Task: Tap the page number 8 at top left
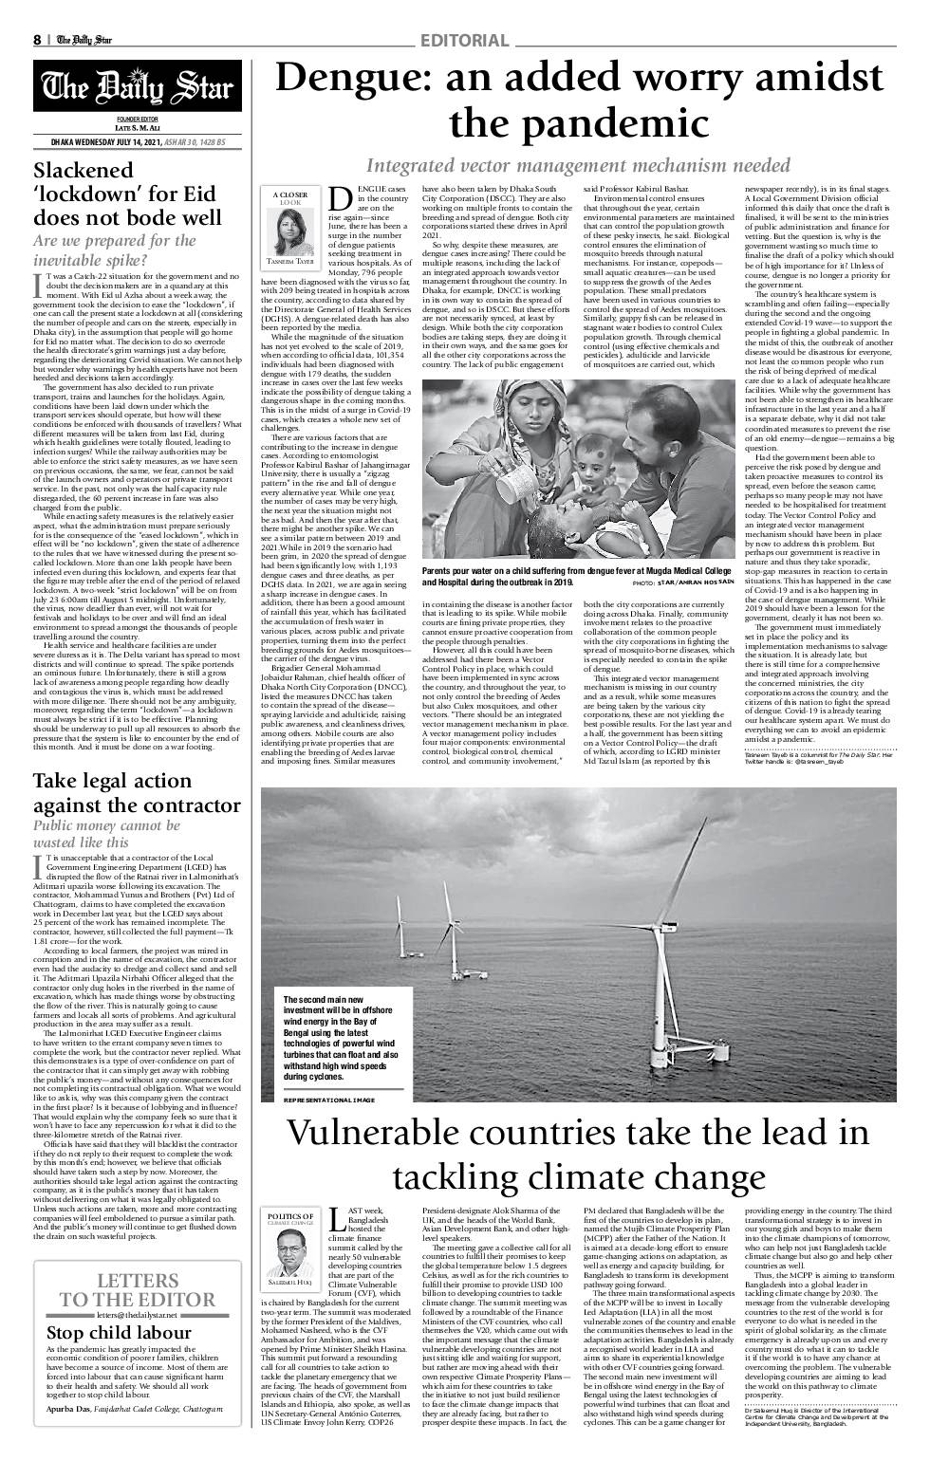[37, 40]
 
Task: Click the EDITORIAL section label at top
[464, 40]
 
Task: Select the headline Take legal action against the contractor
[137, 793]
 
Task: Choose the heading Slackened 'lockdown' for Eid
[128, 194]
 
